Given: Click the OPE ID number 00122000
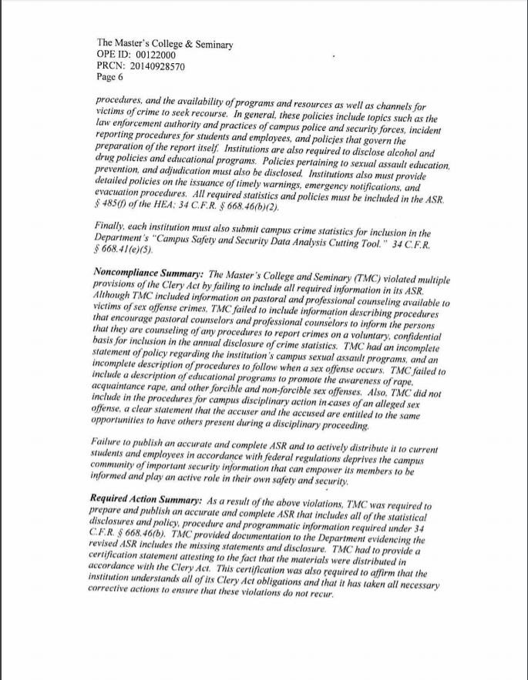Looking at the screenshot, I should pyautogui.click(x=155, y=55).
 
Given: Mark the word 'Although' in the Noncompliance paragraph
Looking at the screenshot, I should pyautogui.click(x=115, y=297).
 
